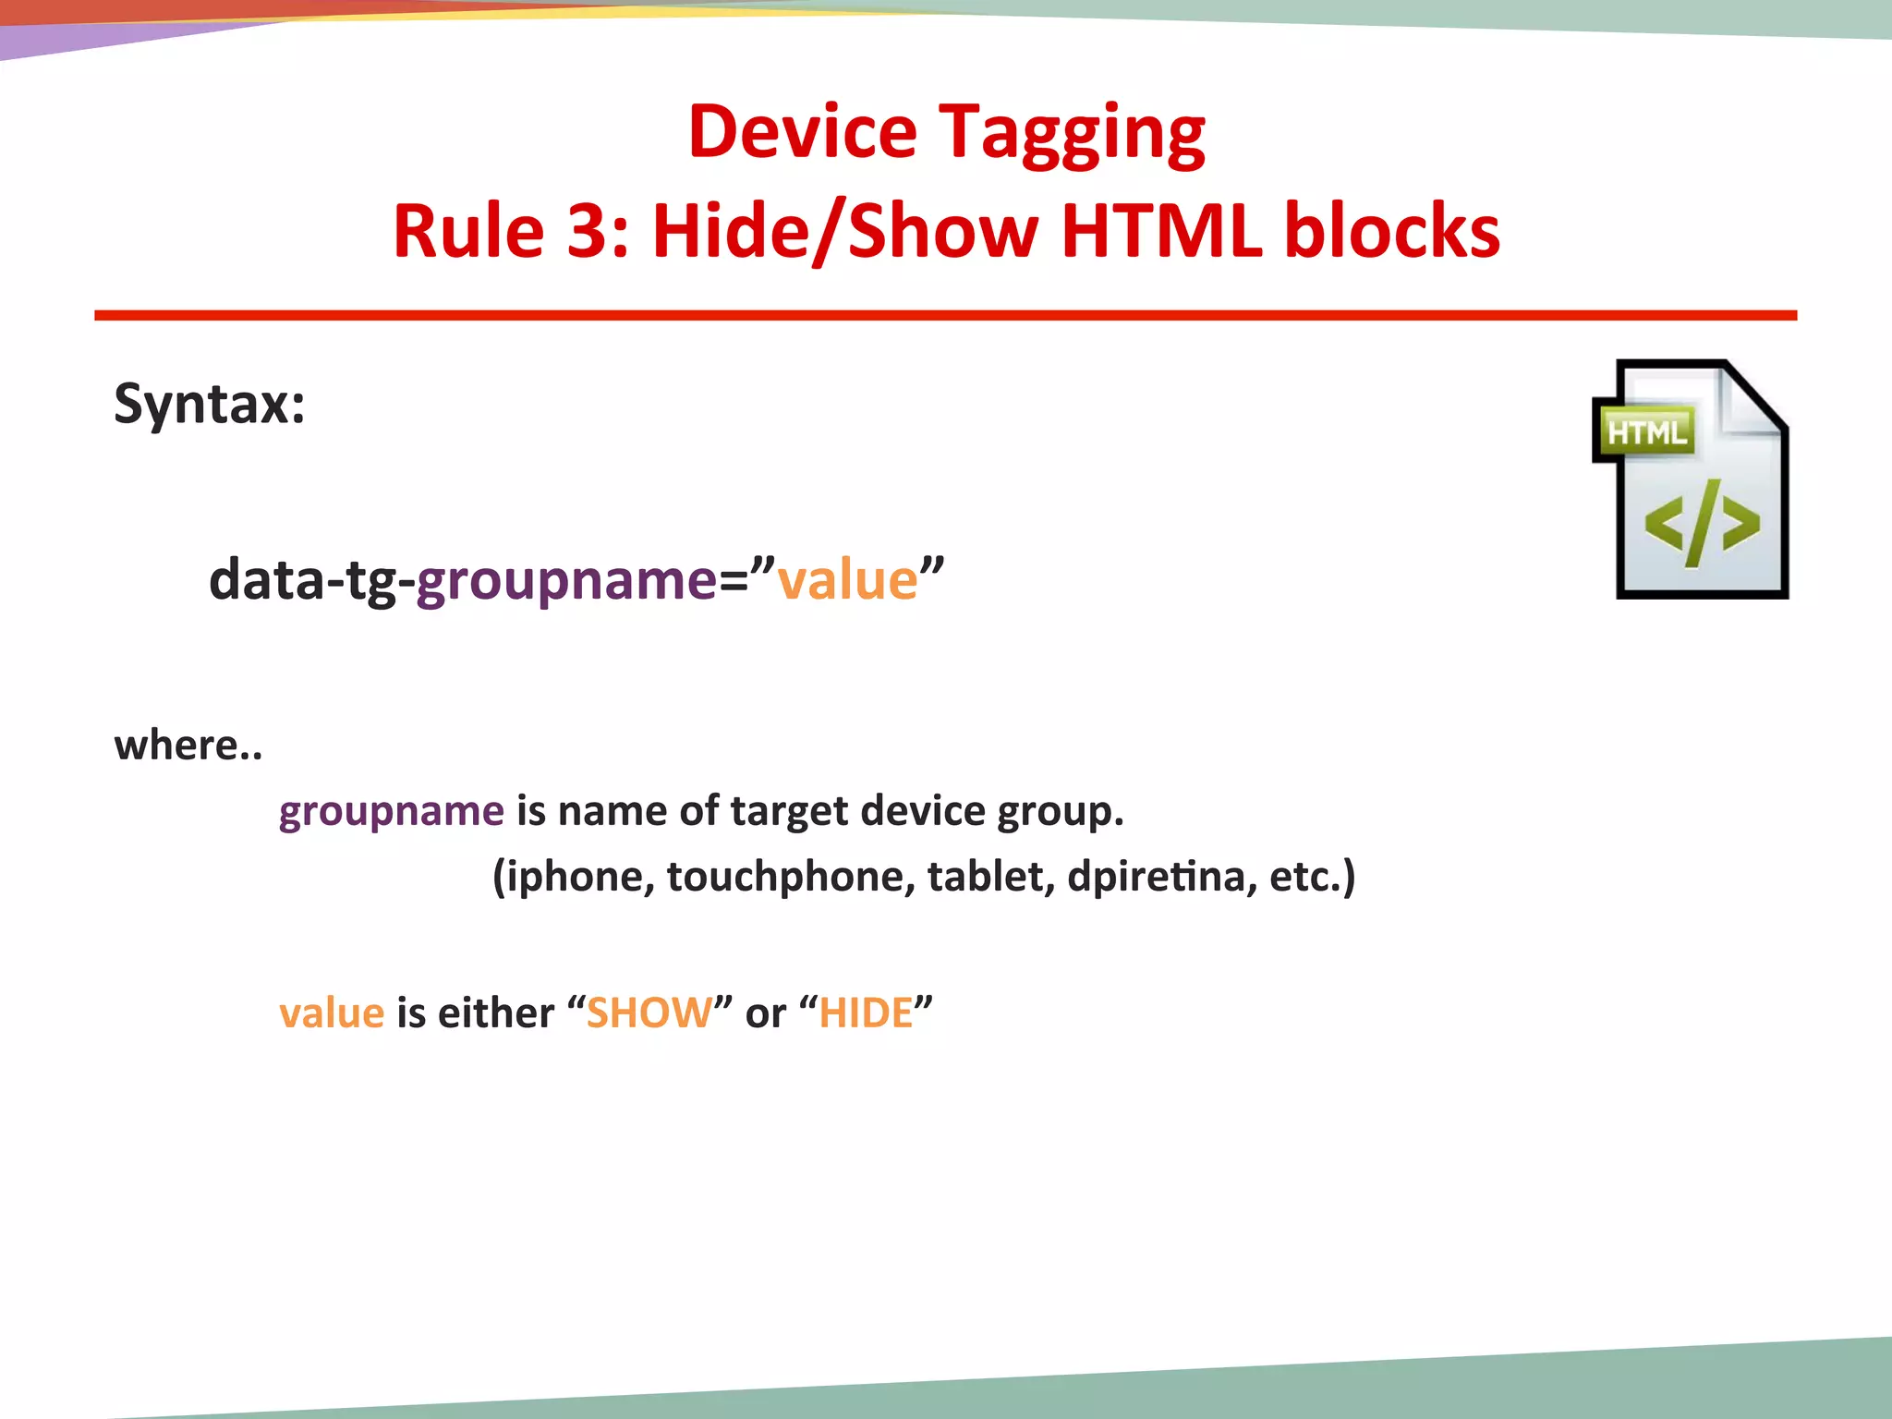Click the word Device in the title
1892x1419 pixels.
point(802,132)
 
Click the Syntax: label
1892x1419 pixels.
point(210,405)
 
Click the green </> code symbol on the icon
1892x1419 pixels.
point(1701,524)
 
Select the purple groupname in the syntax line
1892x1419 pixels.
point(566,581)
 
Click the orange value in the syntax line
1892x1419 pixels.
point(847,581)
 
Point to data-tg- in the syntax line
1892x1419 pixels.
point(311,581)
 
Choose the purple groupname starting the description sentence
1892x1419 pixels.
point(392,811)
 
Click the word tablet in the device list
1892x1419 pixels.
point(990,877)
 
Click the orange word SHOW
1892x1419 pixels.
point(649,1013)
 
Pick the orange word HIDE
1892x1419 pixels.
point(866,1013)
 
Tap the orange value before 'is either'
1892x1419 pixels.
point(332,1013)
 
